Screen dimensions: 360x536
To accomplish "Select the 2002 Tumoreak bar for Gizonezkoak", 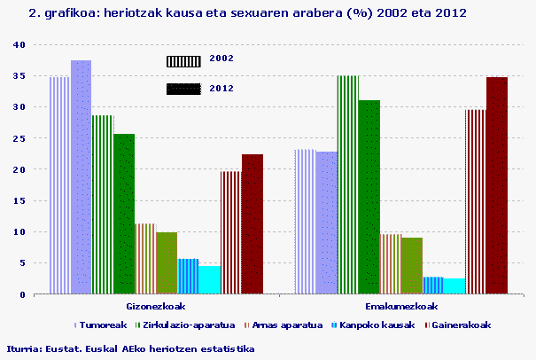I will (59, 185).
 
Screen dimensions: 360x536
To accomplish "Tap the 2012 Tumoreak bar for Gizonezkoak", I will (82, 177).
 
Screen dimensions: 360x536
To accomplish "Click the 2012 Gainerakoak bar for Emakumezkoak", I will (497, 185).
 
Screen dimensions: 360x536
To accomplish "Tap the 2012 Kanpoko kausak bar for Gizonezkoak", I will (209, 280).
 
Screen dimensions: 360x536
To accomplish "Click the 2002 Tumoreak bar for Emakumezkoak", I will (305, 222).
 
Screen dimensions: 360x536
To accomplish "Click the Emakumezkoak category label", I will (401, 306).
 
